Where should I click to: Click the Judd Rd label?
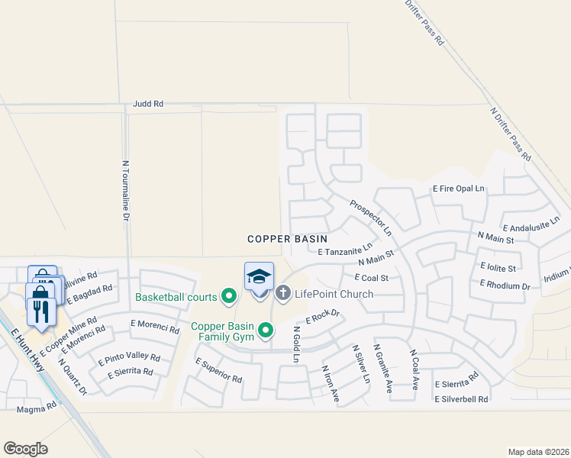[x=147, y=103]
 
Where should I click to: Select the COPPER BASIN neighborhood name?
[x=287, y=239]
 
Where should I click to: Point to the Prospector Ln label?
[x=370, y=218]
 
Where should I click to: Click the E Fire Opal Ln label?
[x=459, y=188]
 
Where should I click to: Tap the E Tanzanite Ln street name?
[x=345, y=249]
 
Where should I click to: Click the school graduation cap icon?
[x=259, y=276]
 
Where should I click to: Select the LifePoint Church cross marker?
[x=283, y=292]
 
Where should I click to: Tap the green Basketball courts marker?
[x=228, y=295]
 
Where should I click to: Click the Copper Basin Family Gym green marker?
[x=266, y=330]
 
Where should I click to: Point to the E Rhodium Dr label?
[x=505, y=285]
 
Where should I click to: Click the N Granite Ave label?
[x=383, y=368]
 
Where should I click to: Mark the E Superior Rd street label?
[x=218, y=370]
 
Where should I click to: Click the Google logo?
[x=25, y=449]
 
